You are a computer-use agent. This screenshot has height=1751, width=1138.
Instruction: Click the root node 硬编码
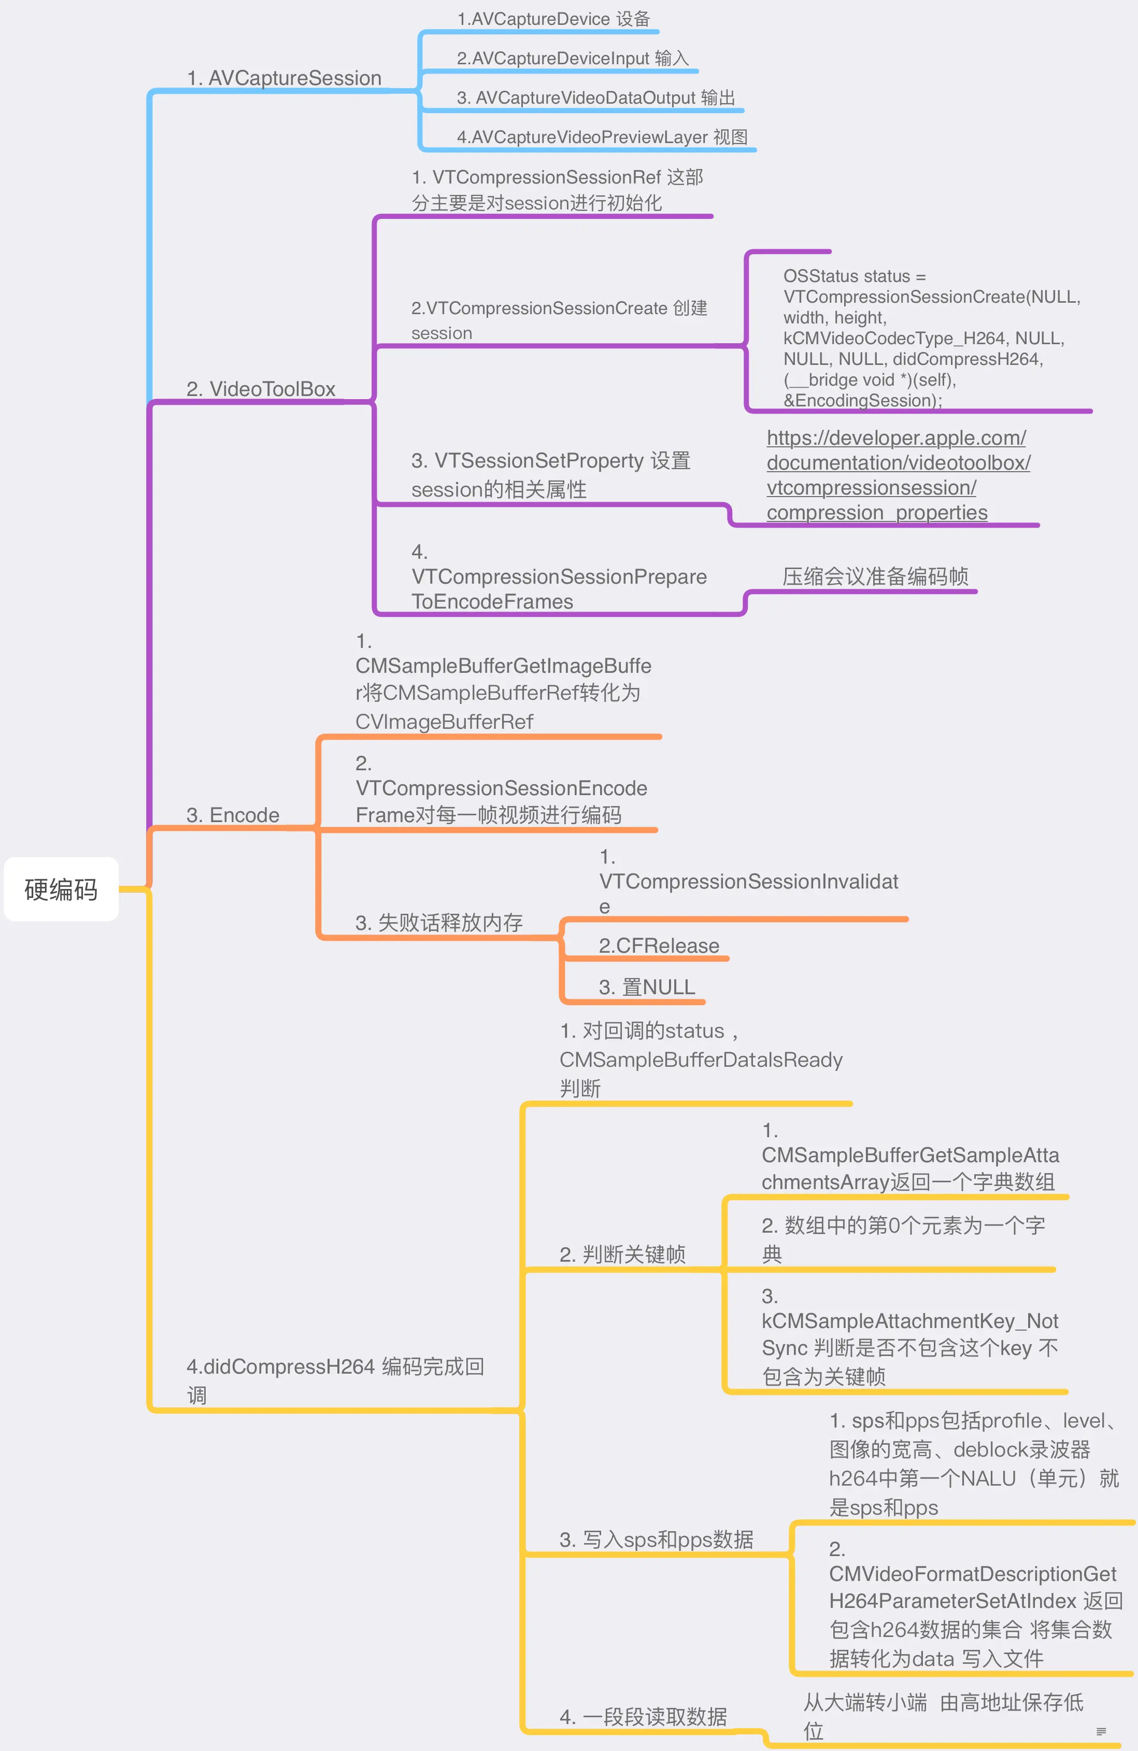click(x=61, y=889)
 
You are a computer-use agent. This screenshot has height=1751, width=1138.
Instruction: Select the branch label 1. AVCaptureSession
click(x=284, y=78)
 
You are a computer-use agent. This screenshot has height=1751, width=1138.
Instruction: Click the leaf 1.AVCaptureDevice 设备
click(x=553, y=19)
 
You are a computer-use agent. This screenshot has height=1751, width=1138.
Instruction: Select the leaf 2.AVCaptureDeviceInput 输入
click(x=572, y=58)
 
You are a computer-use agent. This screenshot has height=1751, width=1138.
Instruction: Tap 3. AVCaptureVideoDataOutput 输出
click(x=596, y=98)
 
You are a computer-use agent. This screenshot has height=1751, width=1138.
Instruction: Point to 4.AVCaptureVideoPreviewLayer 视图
click(x=602, y=137)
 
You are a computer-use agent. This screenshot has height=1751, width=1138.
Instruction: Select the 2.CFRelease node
click(x=658, y=945)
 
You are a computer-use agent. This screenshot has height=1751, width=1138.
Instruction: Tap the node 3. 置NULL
click(x=647, y=986)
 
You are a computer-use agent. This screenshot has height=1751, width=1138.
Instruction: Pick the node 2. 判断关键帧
click(x=622, y=1254)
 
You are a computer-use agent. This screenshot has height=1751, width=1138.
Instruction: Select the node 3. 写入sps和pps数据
click(x=656, y=1539)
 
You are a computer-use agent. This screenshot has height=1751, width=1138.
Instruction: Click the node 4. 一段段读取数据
click(x=643, y=1716)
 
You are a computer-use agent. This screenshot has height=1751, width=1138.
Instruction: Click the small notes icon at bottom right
click(x=1101, y=1731)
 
